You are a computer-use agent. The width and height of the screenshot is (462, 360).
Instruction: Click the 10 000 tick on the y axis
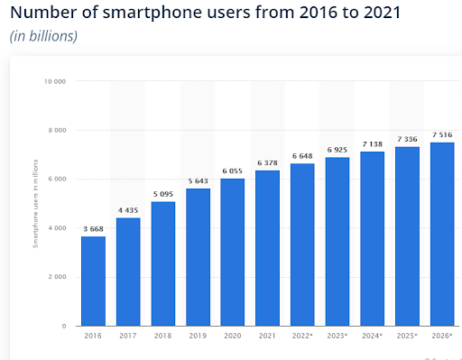56,81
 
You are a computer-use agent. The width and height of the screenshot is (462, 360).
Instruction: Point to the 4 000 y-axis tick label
58,227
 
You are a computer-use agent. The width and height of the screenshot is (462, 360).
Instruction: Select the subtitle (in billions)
43,36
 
